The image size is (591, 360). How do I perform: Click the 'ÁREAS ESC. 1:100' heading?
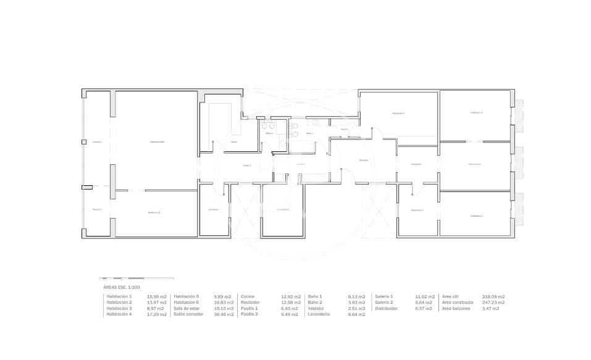122,288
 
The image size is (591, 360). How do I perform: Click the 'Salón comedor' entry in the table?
188,314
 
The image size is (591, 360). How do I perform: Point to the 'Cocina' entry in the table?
247,296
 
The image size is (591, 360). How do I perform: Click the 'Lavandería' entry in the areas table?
319,314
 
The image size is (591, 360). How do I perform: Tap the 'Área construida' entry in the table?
458,303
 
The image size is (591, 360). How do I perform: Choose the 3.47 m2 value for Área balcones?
490,308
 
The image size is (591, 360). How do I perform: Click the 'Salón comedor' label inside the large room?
157,141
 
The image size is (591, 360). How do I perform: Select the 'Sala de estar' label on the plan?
474,164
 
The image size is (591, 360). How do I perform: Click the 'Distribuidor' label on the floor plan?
416,164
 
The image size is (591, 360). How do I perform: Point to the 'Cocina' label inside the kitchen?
234,142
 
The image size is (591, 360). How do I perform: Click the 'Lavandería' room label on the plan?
213,209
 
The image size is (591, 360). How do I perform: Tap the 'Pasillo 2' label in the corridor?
246,165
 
